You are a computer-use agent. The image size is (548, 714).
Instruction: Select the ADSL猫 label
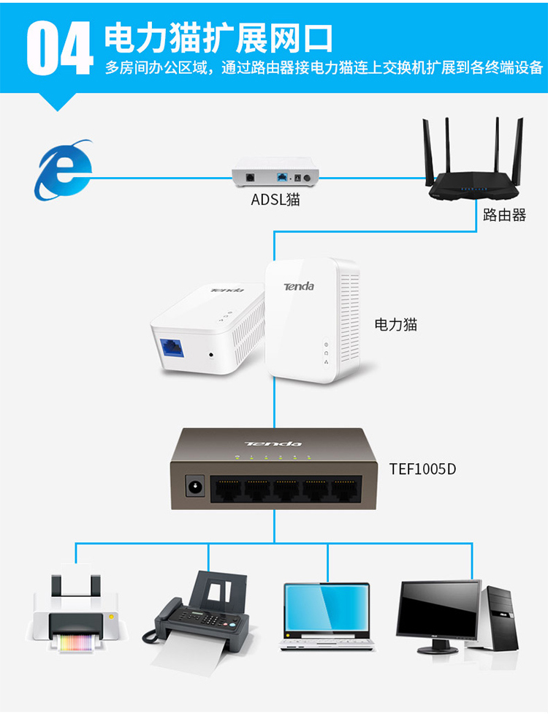click(x=275, y=199)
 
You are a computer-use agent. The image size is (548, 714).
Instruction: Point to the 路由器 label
click(x=504, y=216)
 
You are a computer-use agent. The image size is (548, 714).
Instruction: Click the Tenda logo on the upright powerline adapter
click(x=299, y=286)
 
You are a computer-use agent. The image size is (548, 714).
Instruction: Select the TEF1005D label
click(x=422, y=469)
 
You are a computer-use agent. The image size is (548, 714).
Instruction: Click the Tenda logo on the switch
click(x=273, y=443)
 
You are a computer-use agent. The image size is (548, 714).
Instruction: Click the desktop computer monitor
click(x=439, y=612)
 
